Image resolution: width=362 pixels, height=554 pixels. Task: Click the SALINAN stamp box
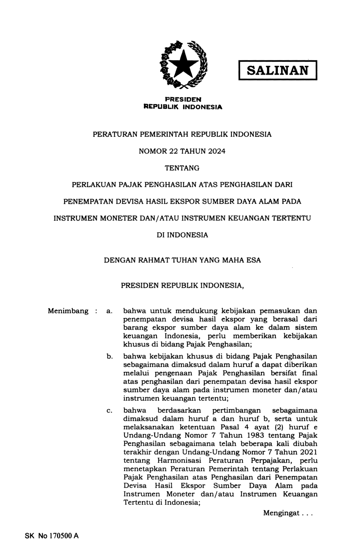[x=277, y=70]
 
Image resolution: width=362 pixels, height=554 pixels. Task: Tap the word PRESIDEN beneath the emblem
[x=183, y=99]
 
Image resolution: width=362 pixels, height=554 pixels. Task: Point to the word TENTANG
[x=182, y=168]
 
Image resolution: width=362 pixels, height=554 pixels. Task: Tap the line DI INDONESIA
[x=182, y=235]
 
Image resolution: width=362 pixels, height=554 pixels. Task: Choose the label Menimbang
[x=68, y=311]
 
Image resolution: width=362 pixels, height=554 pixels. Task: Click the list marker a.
[x=109, y=311]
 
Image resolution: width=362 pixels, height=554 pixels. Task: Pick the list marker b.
[x=109, y=356]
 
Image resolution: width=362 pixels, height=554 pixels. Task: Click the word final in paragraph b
[x=310, y=373]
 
